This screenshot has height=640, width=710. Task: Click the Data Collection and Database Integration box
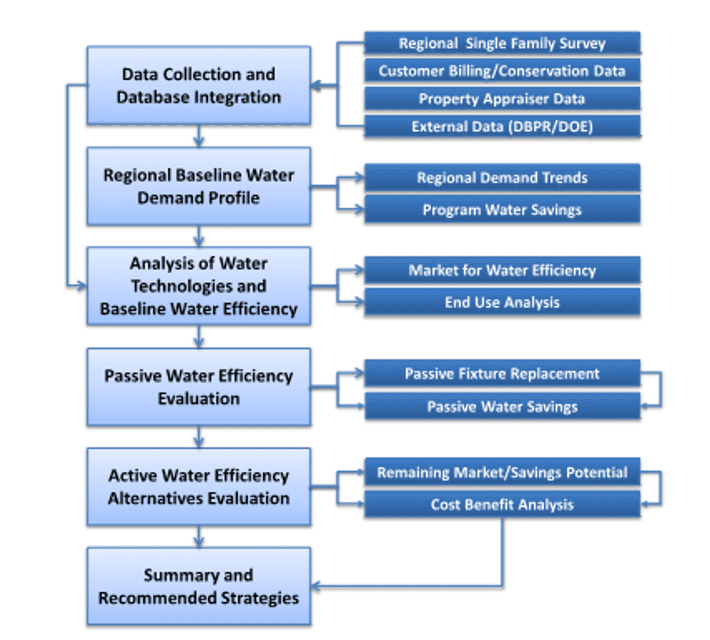pyautogui.click(x=199, y=85)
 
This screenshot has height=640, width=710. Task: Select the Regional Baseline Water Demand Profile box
pyautogui.click(x=199, y=186)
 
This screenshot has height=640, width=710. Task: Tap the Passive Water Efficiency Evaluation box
pyautogui.click(x=199, y=387)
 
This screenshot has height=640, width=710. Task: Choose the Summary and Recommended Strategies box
pyautogui.click(x=199, y=586)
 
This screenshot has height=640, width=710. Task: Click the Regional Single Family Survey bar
pyautogui.click(x=502, y=43)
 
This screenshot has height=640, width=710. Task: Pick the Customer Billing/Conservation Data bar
pyautogui.click(x=502, y=71)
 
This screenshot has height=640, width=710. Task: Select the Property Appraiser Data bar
pyautogui.click(x=502, y=98)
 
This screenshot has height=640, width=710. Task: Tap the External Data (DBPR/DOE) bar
pyautogui.click(x=502, y=126)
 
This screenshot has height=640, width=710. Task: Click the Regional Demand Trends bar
pyautogui.click(x=502, y=177)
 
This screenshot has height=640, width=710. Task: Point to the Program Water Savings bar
pyautogui.click(x=502, y=209)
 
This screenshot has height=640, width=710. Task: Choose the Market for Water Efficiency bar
pyautogui.click(x=502, y=270)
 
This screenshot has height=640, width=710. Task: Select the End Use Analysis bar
pyautogui.click(x=502, y=302)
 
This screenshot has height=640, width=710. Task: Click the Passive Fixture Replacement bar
pyautogui.click(x=502, y=373)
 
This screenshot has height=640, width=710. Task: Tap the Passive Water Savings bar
pyautogui.click(x=502, y=406)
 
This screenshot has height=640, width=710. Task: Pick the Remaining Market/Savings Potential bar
pyautogui.click(x=502, y=472)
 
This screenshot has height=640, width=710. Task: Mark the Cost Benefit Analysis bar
pyautogui.click(x=502, y=504)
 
